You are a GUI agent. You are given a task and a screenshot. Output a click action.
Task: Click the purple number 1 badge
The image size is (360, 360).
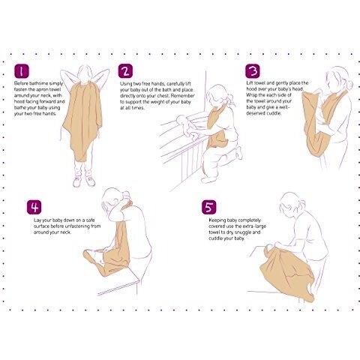pyautogui.click(x=22, y=71)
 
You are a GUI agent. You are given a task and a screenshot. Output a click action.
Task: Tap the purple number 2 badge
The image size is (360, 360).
pyautogui.click(x=125, y=71)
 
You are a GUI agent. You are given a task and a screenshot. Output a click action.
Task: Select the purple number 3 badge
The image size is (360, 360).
pyautogui.click(x=253, y=71)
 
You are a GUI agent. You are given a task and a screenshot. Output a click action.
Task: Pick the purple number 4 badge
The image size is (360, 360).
pyautogui.click(x=34, y=207)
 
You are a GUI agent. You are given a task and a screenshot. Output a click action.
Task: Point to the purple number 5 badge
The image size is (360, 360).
pyautogui.click(x=209, y=207)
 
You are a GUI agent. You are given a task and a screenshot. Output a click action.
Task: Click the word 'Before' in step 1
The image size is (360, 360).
pyautogui.click(x=21, y=83)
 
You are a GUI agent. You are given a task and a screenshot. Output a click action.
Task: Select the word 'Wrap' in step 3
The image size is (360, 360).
pyautogui.click(x=251, y=95)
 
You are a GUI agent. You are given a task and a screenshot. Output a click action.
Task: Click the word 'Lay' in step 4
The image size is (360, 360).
pyautogui.click(x=37, y=220)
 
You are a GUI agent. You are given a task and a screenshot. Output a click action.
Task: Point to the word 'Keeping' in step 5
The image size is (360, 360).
pyautogui.click(x=217, y=220)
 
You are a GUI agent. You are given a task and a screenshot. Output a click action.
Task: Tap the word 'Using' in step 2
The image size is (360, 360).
pyautogui.click(x=126, y=84)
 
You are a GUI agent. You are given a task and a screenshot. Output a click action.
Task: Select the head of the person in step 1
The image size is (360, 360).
pyautogui.click(x=85, y=73)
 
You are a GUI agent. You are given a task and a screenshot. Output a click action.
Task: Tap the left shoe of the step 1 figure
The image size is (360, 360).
pyautogui.click(x=77, y=181)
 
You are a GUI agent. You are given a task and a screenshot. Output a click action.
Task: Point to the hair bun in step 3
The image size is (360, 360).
pyautogui.click(x=349, y=84)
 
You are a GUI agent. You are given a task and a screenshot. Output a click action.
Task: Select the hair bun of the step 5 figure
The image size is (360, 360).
pyautogui.click(x=302, y=203)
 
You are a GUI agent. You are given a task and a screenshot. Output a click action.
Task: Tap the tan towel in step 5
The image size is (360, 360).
pyautogui.click(x=286, y=271)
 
